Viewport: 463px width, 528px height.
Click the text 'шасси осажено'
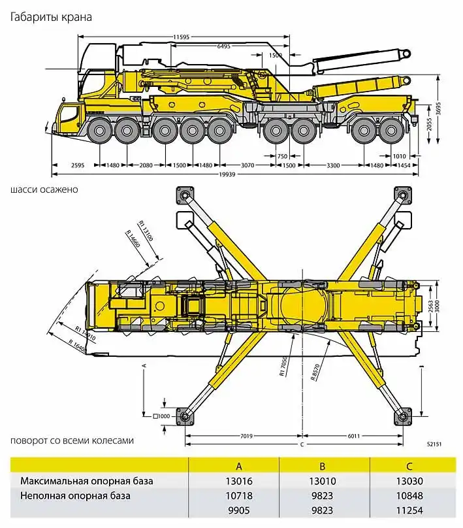click(x=44, y=190)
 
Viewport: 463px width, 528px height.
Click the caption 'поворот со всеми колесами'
click(x=72, y=440)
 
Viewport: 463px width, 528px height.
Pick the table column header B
click(x=322, y=466)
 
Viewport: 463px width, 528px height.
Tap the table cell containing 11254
click(x=409, y=511)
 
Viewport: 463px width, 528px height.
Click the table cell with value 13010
click(x=322, y=482)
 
